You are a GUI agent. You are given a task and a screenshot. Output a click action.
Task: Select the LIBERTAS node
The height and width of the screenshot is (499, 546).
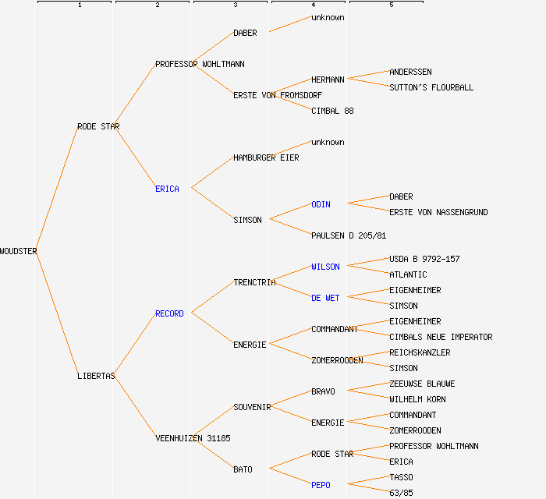click(x=96, y=376)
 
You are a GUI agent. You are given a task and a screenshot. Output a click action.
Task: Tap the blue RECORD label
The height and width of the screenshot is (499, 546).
click(x=169, y=313)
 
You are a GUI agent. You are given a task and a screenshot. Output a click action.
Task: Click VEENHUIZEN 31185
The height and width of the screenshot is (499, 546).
click(x=193, y=438)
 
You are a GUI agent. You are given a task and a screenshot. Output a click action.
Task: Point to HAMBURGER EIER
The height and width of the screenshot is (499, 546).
click(x=266, y=157)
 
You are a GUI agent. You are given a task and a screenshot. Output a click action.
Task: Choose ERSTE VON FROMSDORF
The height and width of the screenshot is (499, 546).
click(x=278, y=95)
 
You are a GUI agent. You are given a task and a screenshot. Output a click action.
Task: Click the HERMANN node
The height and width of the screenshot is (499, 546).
click(x=328, y=80)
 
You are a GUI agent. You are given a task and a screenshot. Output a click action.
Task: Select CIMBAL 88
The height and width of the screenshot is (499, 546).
click(x=332, y=111)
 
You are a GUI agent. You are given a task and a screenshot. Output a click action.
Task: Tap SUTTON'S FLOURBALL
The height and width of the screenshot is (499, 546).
click(x=431, y=87)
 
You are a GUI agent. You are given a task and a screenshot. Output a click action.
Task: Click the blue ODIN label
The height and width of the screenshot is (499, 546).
click(x=321, y=204)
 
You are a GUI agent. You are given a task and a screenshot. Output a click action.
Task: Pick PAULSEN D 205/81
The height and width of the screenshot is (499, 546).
click(x=349, y=235)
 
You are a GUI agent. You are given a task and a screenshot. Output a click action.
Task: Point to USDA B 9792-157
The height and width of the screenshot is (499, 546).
click(x=424, y=259)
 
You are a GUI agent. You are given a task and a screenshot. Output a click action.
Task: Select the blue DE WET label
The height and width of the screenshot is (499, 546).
click(x=325, y=298)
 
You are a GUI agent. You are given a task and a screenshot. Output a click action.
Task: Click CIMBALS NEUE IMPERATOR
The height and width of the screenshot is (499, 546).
click(x=441, y=337)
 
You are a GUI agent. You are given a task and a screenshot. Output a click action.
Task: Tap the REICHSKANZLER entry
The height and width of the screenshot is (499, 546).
click(x=420, y=352)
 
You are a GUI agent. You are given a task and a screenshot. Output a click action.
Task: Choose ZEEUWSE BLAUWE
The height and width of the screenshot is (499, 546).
click(x=422, y=384)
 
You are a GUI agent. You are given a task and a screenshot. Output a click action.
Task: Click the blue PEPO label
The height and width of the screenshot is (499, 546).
click(x=321, y=485)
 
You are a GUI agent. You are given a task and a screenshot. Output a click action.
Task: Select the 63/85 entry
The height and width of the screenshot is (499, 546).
click(x=401, y=493)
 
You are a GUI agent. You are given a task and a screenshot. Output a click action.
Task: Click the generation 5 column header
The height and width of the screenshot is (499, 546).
click(x=392, y=5)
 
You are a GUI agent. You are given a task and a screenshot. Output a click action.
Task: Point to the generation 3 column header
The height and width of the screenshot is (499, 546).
click(x=235, y=5)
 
